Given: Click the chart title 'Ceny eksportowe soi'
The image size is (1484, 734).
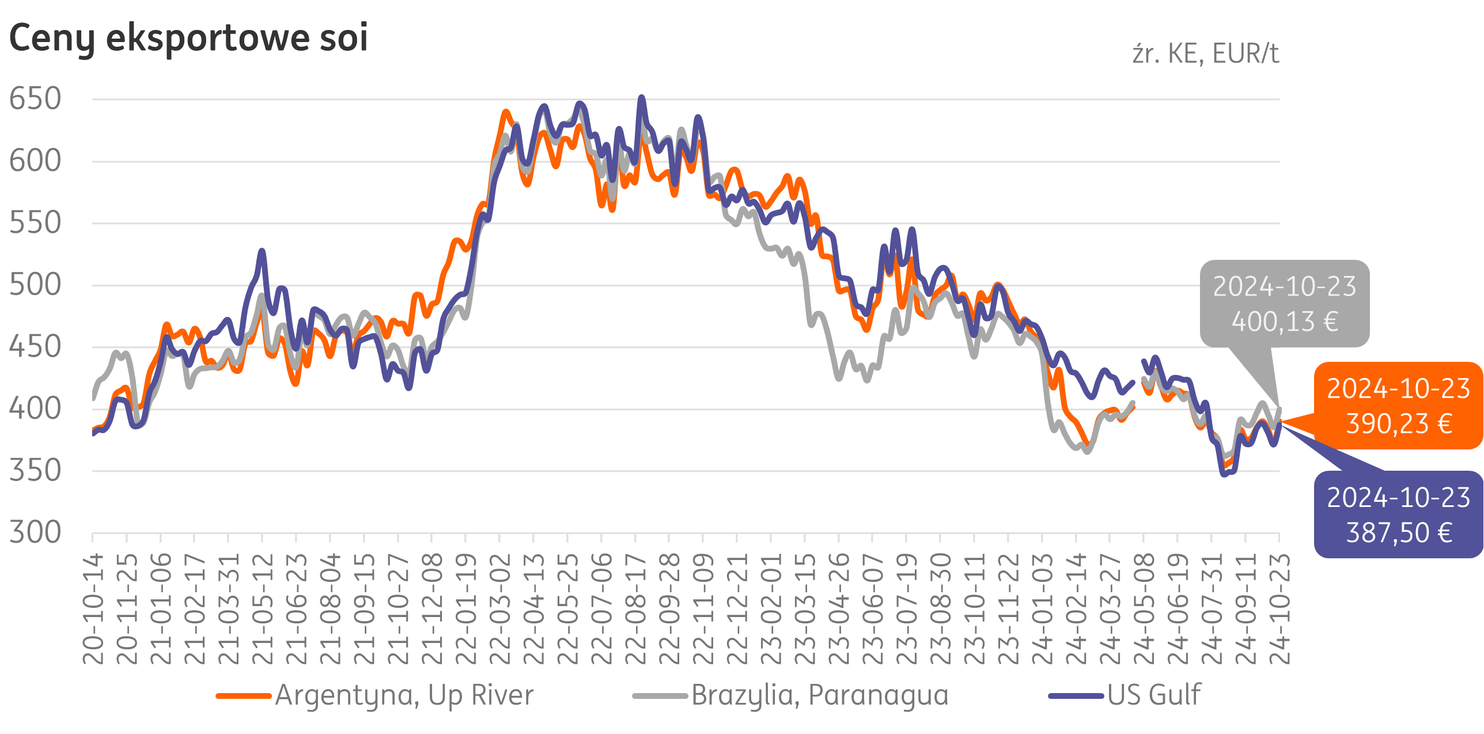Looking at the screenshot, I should pyautogui.click(x=188, y=38).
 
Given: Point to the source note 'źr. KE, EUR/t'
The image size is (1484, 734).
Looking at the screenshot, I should pyautogui.click(x=1205, y=54).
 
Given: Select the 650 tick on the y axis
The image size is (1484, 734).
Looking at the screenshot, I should pyautogui.click(x=35, y=99).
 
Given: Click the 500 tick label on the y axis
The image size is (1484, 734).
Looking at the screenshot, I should pyautogui.click(x=35, y=285).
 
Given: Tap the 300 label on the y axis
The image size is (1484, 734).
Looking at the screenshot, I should pyautogui.click(x=35, y=532).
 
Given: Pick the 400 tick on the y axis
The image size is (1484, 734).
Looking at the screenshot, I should pyautogui.click(x=35, y=408).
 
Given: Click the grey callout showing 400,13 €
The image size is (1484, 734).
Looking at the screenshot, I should pyautogui.click(x=1285, y=304).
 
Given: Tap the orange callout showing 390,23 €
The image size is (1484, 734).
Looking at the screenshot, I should pyautogui.click(x=1398, y=406).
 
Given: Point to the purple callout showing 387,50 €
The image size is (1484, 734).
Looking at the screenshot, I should pyautogui.click(x=1398, y=514).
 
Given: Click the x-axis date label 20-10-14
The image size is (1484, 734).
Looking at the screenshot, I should pyautogui.click(x=93, y=608).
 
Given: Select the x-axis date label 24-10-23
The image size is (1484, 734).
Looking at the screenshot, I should pyautogui.click(x=1279, y=608).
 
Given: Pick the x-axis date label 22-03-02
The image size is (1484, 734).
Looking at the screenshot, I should pyautogui.click(x=500, y=608).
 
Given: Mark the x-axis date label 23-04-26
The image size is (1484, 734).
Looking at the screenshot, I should pyautogui.click(x=839, y=608).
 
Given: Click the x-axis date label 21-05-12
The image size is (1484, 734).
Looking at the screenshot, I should pyautogui.click(x=263, y=608).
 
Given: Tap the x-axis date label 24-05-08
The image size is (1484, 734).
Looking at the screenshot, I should pyautogui.click(x=1144, y=608).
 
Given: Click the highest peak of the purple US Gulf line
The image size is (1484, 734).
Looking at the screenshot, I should pyautogui.click(x=641, y=98).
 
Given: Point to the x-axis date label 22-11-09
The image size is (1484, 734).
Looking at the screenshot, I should pyautogui.click(x=703, y=608).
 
